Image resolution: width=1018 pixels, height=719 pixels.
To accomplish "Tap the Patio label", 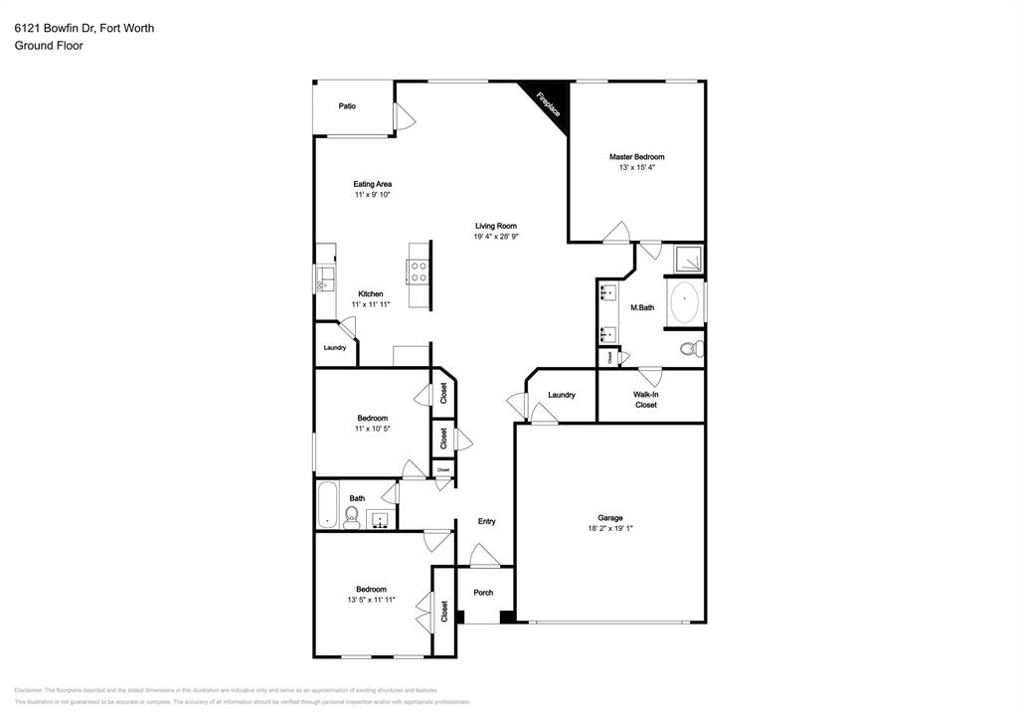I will pyautogui.click(x=347, y=105).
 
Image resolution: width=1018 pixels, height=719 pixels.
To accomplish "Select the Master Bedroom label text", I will pyautogui.click(x=636, y=157).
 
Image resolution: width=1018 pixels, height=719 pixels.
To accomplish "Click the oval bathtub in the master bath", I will pyautogui.click(x=685, y=303).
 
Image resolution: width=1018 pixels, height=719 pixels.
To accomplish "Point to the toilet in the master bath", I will pyautogui.click(x=692, y=348).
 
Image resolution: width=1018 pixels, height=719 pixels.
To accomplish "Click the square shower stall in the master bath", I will pyautogui.click(x=688, y=260).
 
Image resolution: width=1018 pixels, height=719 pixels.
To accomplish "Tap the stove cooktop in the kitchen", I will pyautogui.click(x=418, y=267).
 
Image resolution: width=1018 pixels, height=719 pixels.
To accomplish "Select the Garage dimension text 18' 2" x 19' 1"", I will pyautogui.click(x=609, y=529).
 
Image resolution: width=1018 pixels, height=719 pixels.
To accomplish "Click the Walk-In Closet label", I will pyautogui.click(x=646, y=400).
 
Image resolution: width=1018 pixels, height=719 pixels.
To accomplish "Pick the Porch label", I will pyautogui.click(x=483, y=593).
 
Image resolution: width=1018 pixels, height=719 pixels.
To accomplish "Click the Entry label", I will pyautogui.click(x=486, y=521).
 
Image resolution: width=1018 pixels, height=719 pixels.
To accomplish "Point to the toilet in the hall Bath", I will pyautogui.click(x=351, y=515).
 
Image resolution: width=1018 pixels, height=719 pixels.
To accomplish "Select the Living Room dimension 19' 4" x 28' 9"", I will pyautogui.click(x=496, y=237).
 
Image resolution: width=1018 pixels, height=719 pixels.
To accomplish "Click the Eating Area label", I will pyautogui.click(x=372, y=184).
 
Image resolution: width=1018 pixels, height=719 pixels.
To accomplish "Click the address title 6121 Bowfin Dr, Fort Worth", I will pyautogui.click(x=84, y=28).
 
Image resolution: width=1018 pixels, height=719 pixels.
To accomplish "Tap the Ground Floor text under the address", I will pyautogui.click(x=48, y=45).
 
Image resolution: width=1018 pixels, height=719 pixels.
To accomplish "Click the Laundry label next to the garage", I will pyautogui.click(x=562, y=395).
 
